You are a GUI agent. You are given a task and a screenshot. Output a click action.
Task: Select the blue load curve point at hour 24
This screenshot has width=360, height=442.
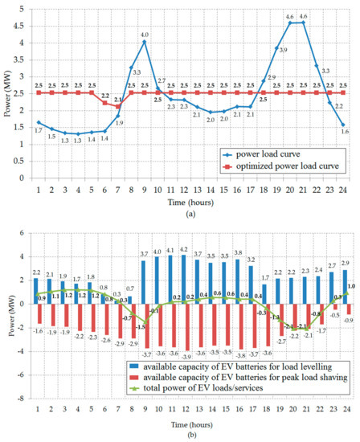point(344,125)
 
